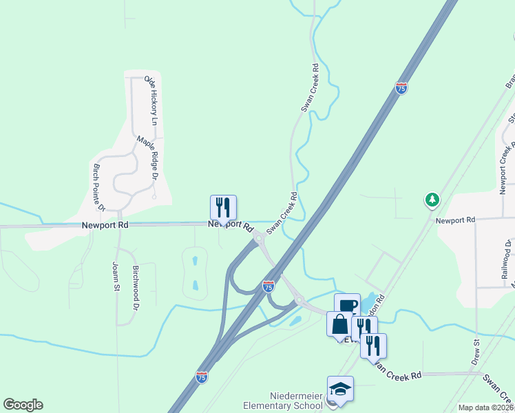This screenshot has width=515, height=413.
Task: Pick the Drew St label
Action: point(476,351)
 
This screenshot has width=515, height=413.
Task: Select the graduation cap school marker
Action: point(340,390)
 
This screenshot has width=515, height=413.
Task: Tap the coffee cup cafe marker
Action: point(347,306)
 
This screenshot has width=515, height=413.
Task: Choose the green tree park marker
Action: point(432,200)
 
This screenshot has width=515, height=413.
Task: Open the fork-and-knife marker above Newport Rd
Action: point(223,207)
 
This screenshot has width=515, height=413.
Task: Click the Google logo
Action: point(23,405)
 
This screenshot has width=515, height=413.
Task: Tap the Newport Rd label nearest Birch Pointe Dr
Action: point(105,225)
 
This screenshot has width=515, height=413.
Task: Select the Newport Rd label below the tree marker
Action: point(455,220)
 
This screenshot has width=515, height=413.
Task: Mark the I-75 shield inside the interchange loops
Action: point(269,286)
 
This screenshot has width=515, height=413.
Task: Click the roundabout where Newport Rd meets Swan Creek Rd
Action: point(259,239)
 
